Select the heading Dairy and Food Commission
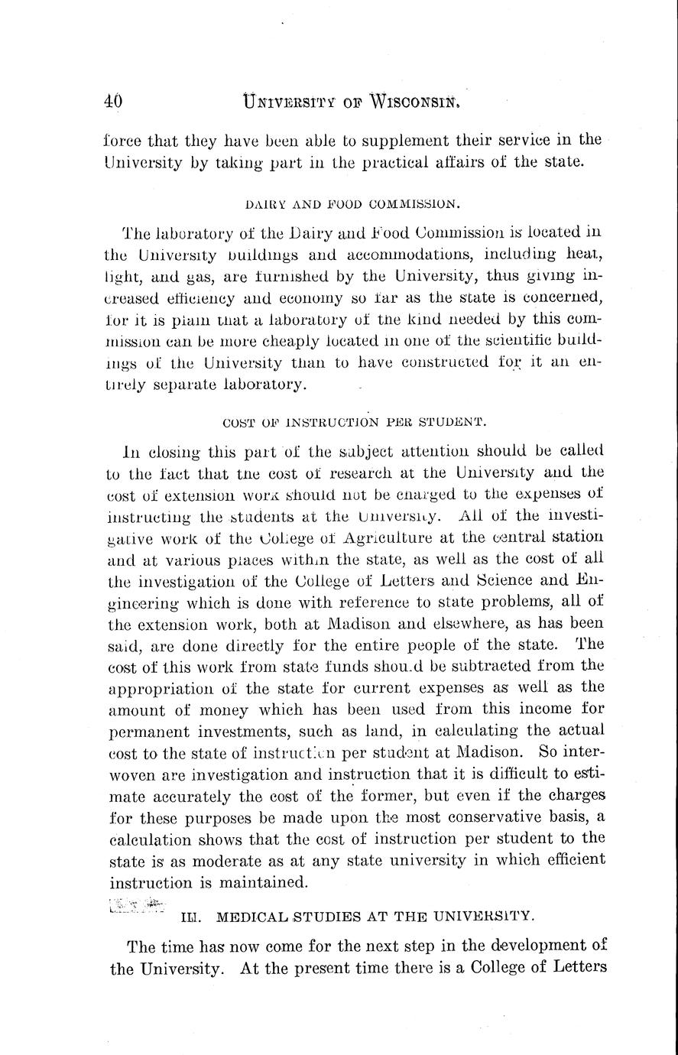[x=352, y=204]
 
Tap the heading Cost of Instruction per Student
[x=353, y=421]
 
